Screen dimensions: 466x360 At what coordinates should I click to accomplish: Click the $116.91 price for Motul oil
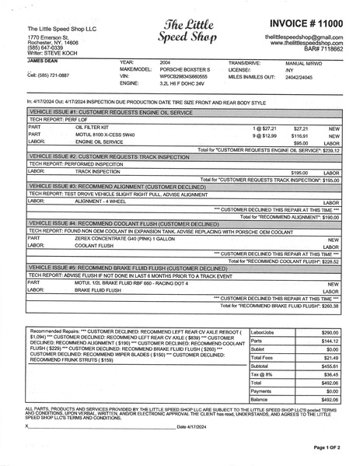(300, 135)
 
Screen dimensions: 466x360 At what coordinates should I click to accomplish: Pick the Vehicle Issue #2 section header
(109, 157)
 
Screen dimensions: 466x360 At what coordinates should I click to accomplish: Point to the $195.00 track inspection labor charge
(299, 172)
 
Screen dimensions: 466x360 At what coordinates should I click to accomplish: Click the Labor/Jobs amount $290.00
(330, 332)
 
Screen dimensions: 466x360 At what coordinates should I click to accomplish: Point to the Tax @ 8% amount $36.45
(330, 374)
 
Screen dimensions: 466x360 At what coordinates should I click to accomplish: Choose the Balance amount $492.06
(330, 399)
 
